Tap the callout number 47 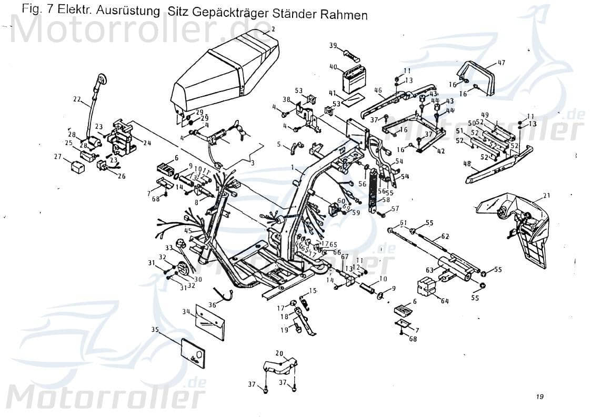pyautogui.click(x=501, y=63)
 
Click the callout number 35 pyautogui.click(x=154, y=330)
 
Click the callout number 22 pyautogui.click(x=77, y=98)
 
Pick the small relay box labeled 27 pyautogui.click(x=78, y=167)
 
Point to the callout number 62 pyautogui.click(x=445, y=236)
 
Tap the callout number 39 pyautogui.click(x=333, y=46)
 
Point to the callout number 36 pyautogui.click(x=212, y=304)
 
